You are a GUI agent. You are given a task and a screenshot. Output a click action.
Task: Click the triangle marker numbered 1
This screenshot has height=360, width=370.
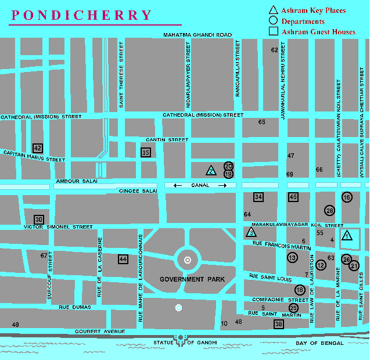[x=347, y=236]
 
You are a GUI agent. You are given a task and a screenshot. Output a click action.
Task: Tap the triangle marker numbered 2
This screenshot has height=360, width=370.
[x=211, y=171]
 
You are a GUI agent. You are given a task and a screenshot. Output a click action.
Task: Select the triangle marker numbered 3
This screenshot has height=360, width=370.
[x=251, y=232]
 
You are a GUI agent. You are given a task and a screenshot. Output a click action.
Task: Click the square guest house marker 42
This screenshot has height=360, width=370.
[x=38, y=148]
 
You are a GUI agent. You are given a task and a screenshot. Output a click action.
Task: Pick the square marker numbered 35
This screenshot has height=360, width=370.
[x=146, y=152]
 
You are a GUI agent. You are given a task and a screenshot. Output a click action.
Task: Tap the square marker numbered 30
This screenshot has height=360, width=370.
[x=39, y=219]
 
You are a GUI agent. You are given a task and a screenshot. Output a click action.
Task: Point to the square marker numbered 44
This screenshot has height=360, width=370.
[x=123, y=259]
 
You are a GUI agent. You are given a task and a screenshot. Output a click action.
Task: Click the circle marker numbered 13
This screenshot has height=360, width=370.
[x=292, y=257]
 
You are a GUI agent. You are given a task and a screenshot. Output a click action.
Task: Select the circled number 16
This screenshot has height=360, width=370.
[x=347, y=197]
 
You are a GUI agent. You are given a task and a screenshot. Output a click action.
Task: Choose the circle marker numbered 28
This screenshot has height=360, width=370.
[x=330, y=210]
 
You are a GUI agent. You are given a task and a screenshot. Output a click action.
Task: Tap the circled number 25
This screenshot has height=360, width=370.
[x=294, y=308]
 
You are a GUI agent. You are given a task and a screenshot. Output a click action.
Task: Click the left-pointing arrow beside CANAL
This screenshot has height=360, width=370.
[x=178, y=186]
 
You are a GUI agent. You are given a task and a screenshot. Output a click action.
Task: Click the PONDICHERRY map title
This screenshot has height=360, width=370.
[x=81, y=15]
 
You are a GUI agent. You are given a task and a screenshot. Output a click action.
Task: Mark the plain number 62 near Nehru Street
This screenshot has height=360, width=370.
[x=274, y=50]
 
